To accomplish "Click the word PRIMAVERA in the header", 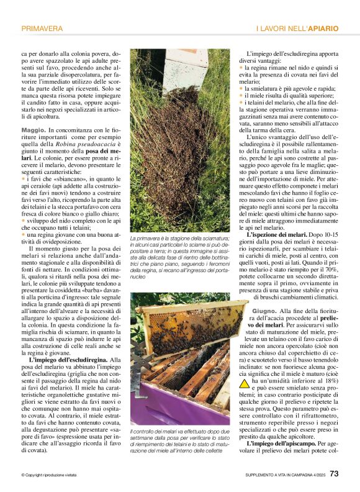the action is coord(42,29).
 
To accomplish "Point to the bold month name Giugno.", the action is coord(264,309).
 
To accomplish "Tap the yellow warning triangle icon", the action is coord(245,383).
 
